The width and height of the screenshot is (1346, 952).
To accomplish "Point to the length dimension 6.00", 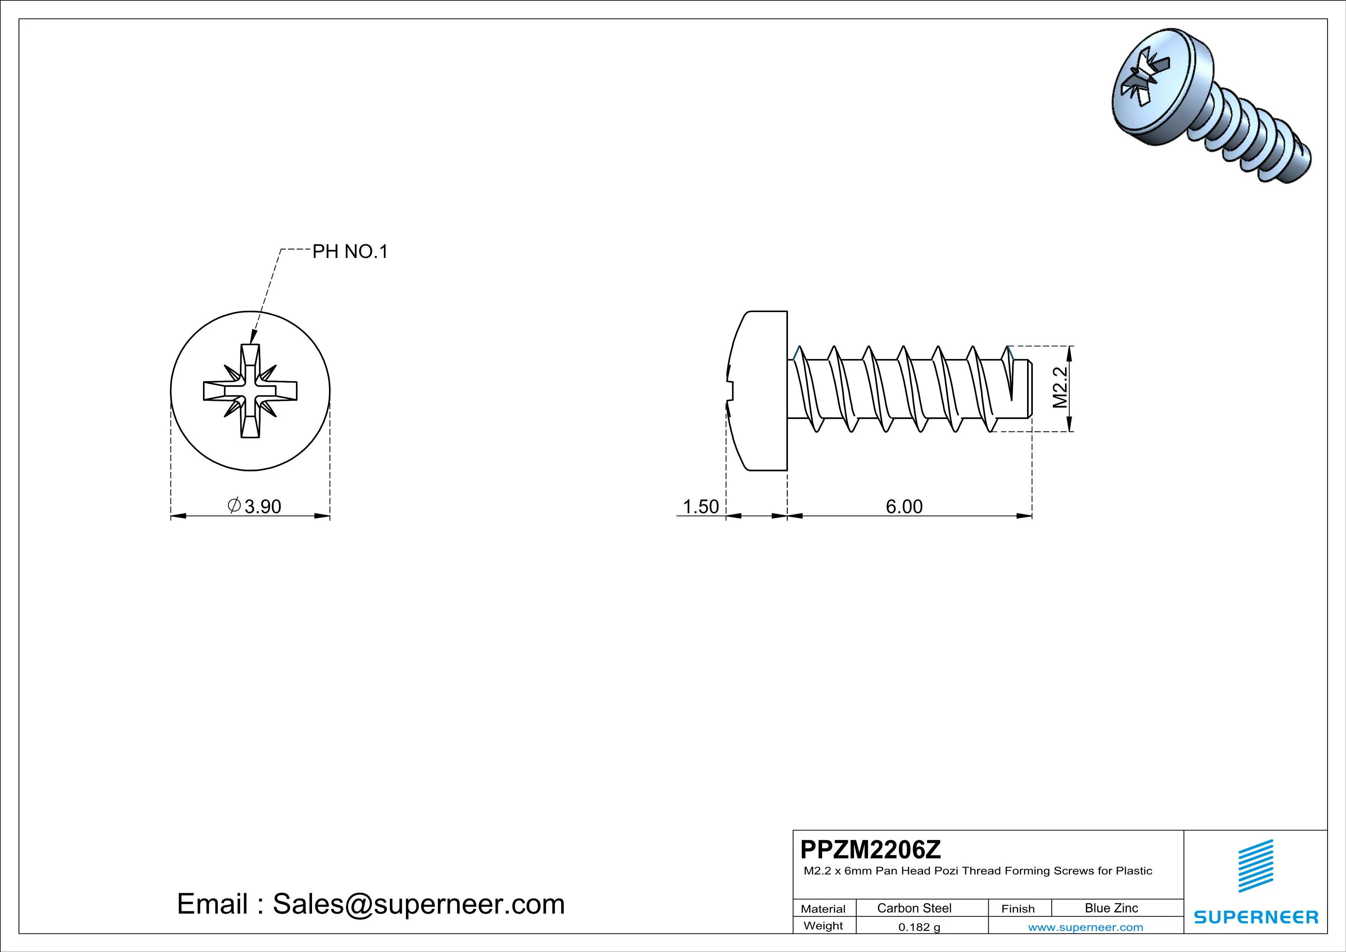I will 903,506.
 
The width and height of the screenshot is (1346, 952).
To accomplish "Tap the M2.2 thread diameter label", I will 1060,388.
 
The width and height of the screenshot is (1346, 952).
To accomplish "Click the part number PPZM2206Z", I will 870,850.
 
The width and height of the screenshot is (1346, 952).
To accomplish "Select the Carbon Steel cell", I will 914,908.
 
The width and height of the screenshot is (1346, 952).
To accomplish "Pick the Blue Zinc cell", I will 1111,908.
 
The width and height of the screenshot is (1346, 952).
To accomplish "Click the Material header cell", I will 823,909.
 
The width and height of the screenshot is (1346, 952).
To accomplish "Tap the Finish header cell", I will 1018,909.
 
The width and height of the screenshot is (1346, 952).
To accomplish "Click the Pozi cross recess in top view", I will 250,390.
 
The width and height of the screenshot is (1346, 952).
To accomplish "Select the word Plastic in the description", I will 1134,871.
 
